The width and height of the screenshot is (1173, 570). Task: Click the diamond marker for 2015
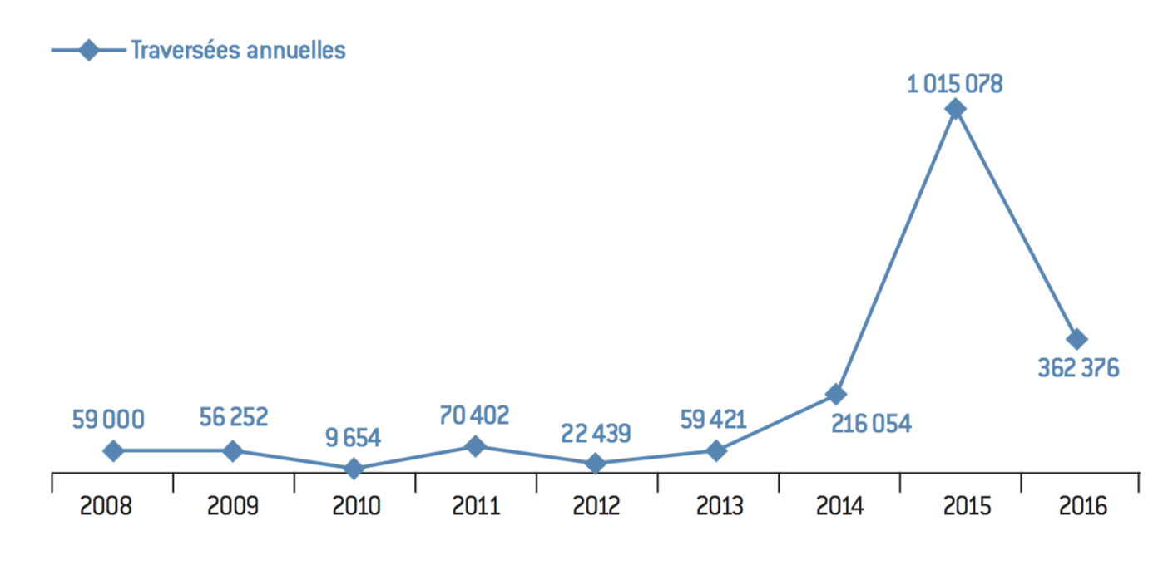[956, 109]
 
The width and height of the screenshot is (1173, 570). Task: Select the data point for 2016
[1076, 339]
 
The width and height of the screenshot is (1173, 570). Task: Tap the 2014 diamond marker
[836, 394]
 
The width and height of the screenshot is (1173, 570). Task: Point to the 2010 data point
[354, 469]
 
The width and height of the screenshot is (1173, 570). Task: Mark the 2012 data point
[595, 464]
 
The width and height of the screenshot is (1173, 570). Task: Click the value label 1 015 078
[955, 83]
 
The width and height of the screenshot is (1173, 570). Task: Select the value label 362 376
[1078, 368]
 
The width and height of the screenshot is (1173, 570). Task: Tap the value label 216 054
[871, 424]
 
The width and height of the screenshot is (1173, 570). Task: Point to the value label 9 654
[353, 438]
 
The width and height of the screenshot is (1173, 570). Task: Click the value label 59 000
[108, 419]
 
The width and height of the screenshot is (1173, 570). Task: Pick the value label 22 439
[595, 433]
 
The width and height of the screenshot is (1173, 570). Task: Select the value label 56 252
[234, 418]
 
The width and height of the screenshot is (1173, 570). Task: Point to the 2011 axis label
[476, 506]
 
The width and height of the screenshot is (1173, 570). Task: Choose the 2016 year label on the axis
[1083, 506]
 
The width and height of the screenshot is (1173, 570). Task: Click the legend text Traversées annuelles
[238, 50]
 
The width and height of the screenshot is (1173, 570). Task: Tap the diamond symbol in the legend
[87, 50]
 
